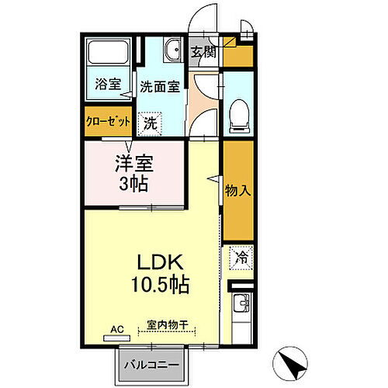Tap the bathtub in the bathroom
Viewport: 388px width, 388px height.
coord(109,54)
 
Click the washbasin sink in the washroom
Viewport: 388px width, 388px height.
coord(171,51)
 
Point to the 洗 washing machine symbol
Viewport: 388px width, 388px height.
coord(151,122)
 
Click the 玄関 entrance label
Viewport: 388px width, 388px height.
coord(206,54)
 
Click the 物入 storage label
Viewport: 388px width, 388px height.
coord(237,191)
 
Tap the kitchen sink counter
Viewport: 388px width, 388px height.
coord(241,310)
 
